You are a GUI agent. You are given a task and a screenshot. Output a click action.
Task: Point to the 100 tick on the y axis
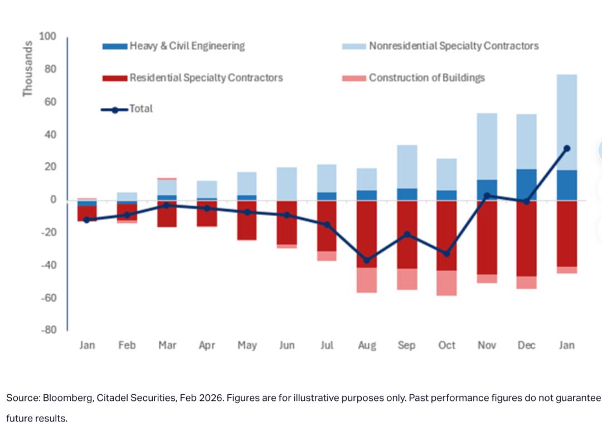[48, 37]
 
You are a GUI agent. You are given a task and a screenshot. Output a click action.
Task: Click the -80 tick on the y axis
[48, 330]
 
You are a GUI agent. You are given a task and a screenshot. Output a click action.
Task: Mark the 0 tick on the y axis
[53, 199]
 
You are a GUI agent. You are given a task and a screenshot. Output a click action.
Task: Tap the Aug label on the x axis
[367, 345]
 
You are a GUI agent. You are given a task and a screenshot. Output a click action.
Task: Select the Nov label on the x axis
[487, 345]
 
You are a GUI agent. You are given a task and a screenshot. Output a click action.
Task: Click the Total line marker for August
[367, 260]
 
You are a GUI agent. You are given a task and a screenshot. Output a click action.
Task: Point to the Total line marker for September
[407, 234]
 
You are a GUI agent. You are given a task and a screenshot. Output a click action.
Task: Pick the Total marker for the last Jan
[567, 149]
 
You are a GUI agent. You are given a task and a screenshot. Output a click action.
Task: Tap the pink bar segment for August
[367, 280]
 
